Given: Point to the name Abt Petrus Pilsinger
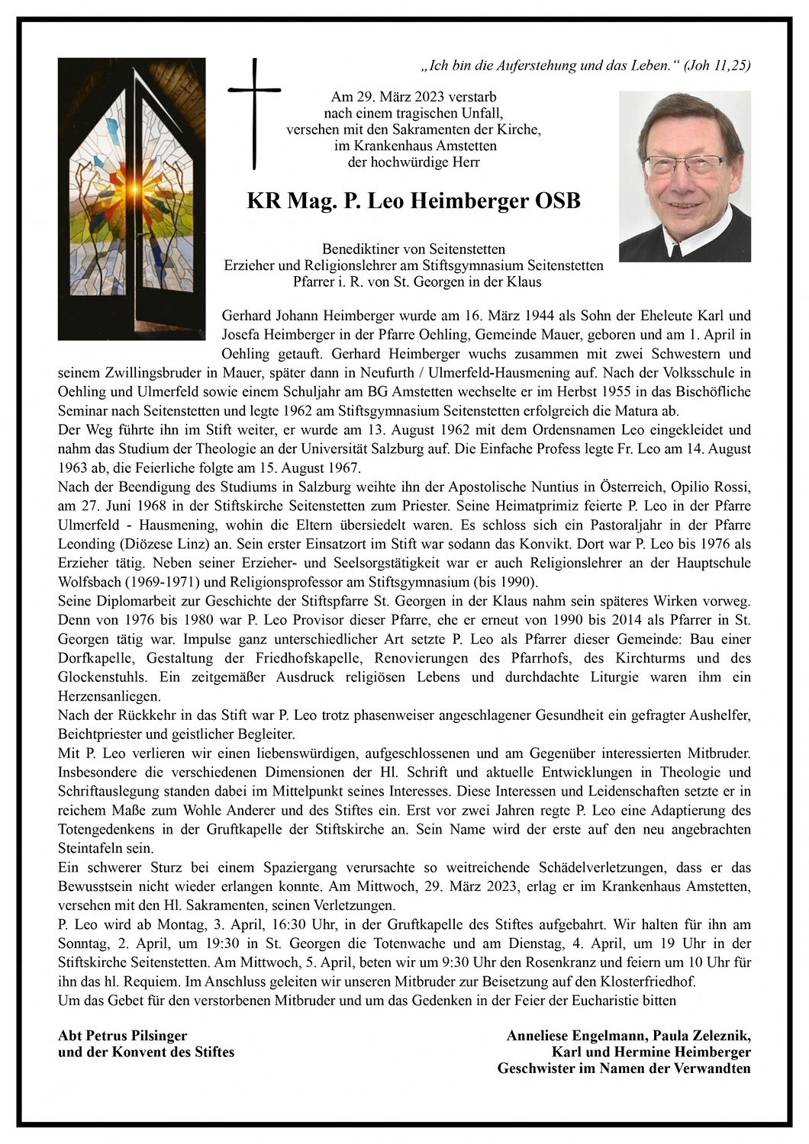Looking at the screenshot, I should tap(122, 1036).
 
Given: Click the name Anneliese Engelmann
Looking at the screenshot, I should tap(576, 1036).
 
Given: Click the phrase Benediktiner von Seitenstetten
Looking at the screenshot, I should tap(413, 249).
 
